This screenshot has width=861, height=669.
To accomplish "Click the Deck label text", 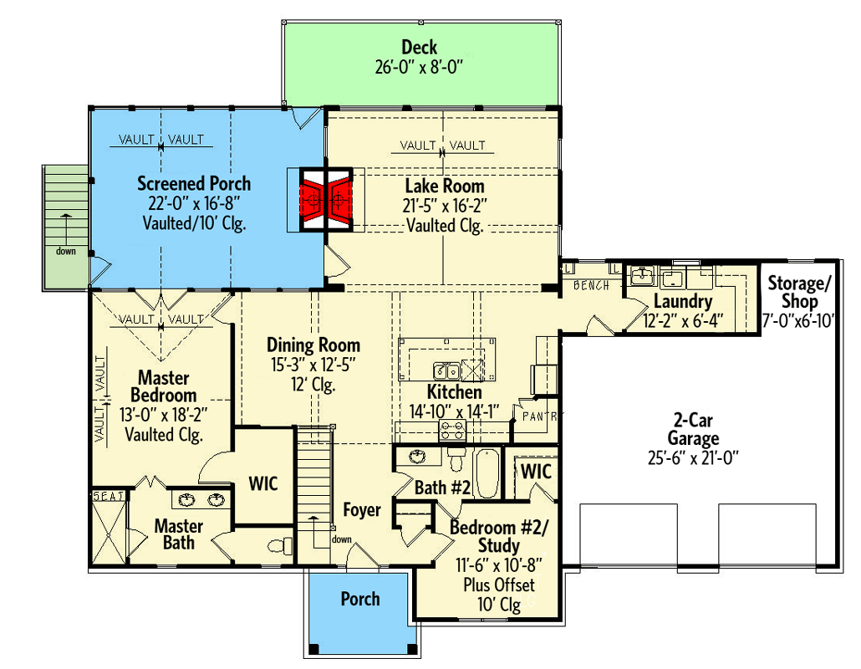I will click(x=419, y=48).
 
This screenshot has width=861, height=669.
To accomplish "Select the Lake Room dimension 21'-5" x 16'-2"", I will click(x=445, y=206).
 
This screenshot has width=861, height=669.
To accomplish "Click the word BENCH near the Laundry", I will click(x=592, y=286).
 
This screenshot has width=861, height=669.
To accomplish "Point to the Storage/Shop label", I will click(x=801, y=290).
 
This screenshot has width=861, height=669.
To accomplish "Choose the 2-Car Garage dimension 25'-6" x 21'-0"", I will click(x=693, y=457).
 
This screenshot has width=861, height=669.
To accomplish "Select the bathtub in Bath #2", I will click(x=487, y=473).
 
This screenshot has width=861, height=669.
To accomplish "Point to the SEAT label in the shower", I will click(x=108, y=496).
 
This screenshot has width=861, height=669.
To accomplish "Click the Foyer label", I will click(x=362, y=509).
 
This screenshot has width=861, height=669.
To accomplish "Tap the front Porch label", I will click(x=360, y=599).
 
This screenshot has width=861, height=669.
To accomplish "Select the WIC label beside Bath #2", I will click(x=536, y=472).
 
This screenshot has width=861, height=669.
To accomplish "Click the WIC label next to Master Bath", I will click(x=262, y=484).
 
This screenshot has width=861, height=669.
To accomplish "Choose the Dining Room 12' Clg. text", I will click(x=313, y=386).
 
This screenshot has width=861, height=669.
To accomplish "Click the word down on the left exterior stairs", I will click(x=65, y=251).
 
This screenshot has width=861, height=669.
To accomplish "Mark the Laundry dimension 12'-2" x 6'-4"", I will click(x=682, y=320).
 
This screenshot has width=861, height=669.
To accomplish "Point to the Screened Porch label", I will click(x=194, y=183).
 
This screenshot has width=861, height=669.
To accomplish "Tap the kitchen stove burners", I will click(x=453, y=432).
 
